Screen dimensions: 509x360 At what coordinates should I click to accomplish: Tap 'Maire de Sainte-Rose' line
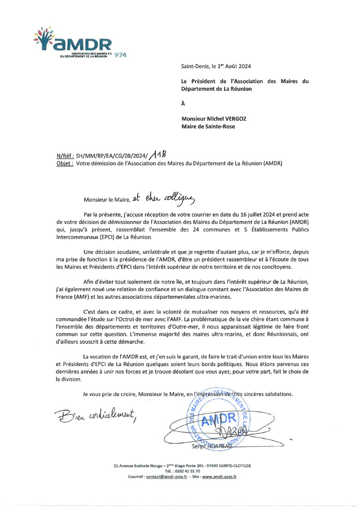pyautogui.click(x=208, y=127)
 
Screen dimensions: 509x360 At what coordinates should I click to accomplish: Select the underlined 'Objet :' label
pyautogui.click(x=65, y=164)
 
